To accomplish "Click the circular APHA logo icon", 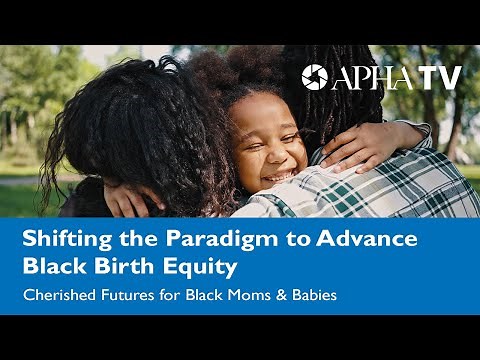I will [315, 77].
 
